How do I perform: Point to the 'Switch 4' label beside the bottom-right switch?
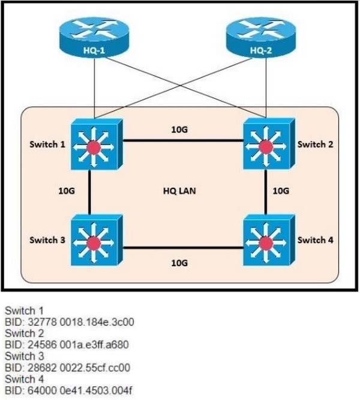coord(313,240)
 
